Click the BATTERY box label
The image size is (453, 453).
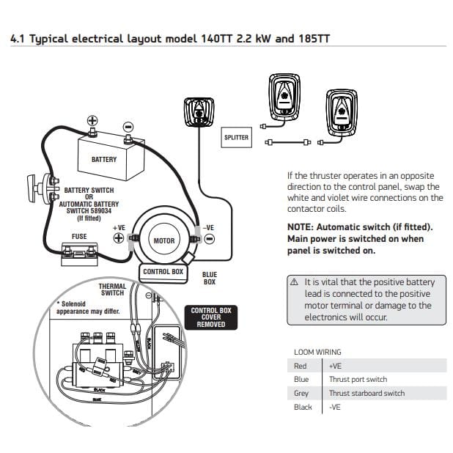tap(103, 159)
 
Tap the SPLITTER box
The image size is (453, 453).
tap(236, 137)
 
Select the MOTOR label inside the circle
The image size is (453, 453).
tap(164, 240)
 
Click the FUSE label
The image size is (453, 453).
tap(78, 237)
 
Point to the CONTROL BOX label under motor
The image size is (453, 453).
tap(163, 272)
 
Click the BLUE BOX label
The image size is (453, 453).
tap(209, 278)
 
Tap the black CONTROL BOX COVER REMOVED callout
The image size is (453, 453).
tap(210, 317)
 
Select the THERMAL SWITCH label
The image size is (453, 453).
tap(112, 289)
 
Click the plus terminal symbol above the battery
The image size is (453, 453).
tap(92, 121)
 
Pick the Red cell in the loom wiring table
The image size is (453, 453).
tap(300, 366)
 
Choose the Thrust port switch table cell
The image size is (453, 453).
tap(358, 380)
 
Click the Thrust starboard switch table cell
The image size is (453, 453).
tap(367, 394)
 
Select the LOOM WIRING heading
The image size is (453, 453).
tap(317, 352)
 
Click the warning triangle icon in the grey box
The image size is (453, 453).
tap(294, 282)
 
